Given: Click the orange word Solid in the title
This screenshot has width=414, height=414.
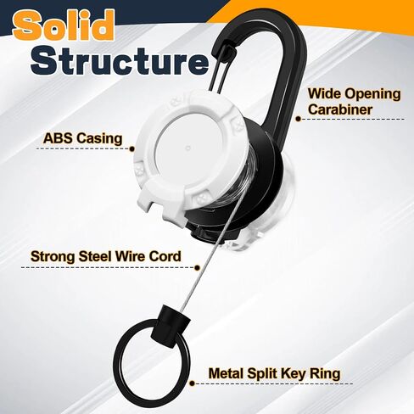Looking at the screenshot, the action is tap(64, 25).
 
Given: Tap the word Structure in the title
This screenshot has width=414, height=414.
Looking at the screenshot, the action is tap(120, 61).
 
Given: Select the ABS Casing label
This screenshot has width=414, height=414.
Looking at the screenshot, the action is tap(82, 138).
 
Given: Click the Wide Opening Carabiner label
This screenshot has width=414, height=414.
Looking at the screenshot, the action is tap(355, 102).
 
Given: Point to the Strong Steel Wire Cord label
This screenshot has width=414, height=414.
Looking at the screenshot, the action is tap(106, 256).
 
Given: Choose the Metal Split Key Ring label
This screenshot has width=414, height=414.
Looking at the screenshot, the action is tap(274, 373).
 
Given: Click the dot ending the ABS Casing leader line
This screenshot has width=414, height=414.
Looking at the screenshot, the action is tap(131, 148).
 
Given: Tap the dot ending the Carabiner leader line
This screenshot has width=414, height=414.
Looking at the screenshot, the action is tap(298, 119).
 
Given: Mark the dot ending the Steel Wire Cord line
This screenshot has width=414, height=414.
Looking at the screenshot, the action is tap(198, 268).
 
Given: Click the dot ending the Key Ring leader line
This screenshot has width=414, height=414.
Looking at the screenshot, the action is tap(192, 383).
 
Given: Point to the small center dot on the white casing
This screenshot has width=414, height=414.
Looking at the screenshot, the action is tap(188, 148).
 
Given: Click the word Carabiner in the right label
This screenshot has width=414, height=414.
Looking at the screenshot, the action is tap(340, 109).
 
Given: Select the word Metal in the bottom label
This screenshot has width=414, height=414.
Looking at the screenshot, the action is tap(226, 373).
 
